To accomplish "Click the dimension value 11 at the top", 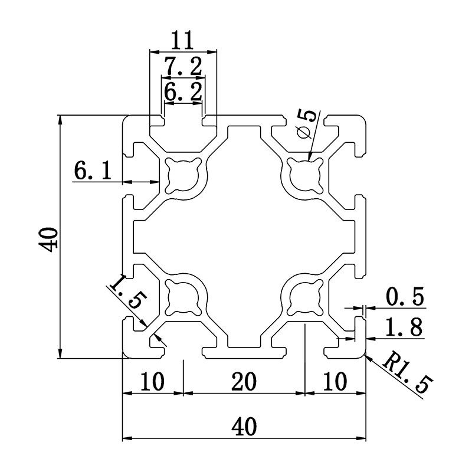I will click(x=183, y=41).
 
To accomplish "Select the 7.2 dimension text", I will click(x=183, y=67).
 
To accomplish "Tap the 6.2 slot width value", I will click(x=183, y=91).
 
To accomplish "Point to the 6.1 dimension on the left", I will click(x=93, y=171).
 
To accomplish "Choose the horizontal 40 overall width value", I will click(x=244, y=427).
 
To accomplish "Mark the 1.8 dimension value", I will click(x=404, y=327).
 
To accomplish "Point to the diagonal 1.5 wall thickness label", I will click(x=126, y=293).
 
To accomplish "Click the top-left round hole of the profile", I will click(x=183, y=175).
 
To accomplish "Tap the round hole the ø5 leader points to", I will click(x=304, y=175).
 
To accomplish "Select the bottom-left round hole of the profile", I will click(x=183, y=297).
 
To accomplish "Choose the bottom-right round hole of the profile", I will click(x=304, y=297).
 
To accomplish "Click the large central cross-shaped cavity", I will click(x=244, y=236).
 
